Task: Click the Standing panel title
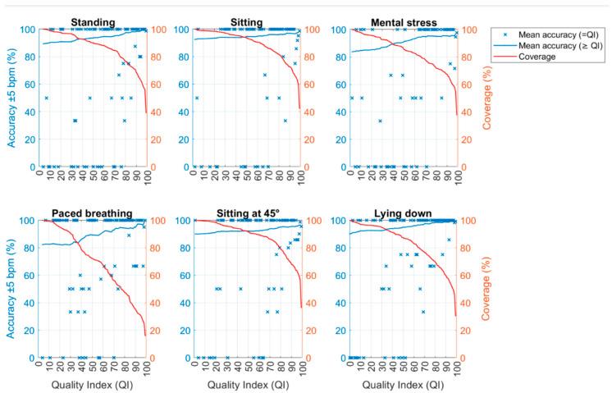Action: click(x=93, y=22)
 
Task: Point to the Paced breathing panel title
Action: click(x=93, y=213)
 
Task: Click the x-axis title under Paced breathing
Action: click(x=93, y=382)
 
